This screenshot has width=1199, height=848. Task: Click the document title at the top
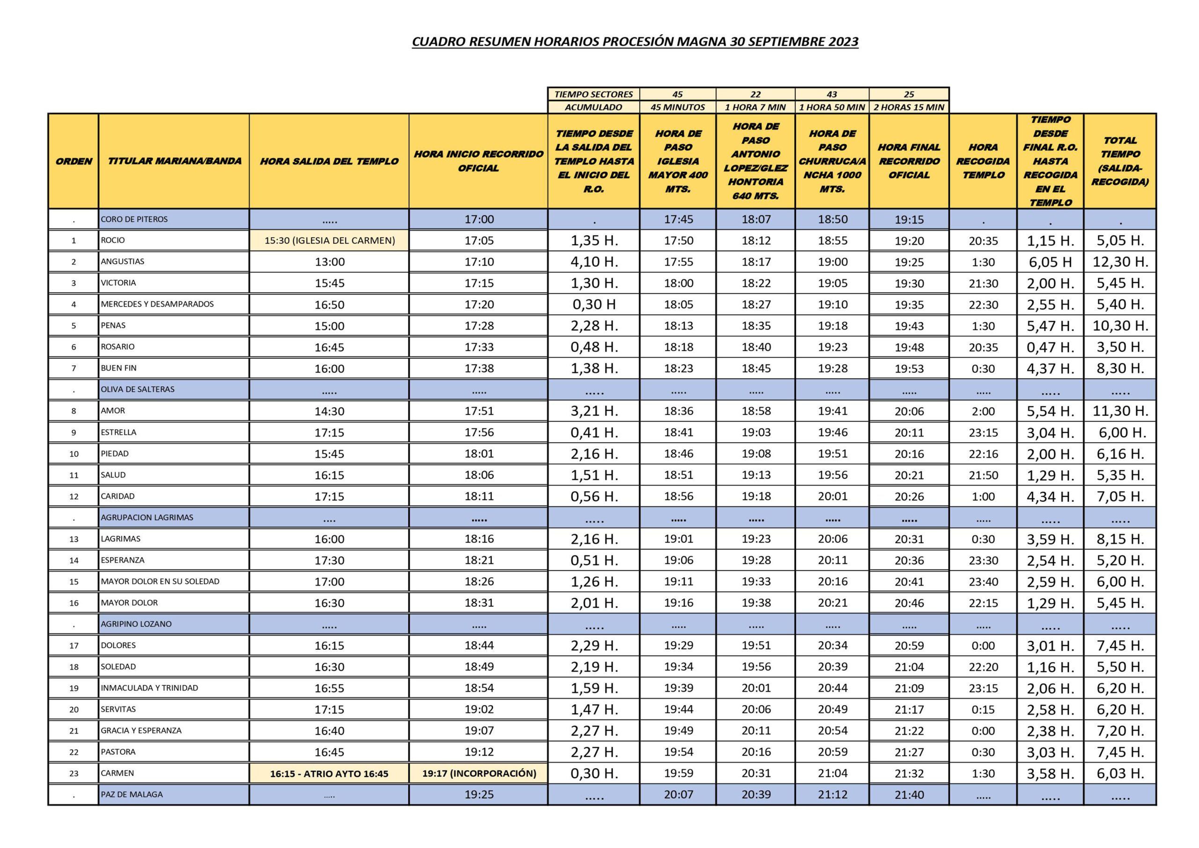click(635, 42)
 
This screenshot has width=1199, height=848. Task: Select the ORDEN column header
click(74, 161)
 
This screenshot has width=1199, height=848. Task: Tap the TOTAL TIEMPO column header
click(1120, 161)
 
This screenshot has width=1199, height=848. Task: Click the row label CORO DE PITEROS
click(134, 219)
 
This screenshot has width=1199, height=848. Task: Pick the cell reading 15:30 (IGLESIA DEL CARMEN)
click(330, 241)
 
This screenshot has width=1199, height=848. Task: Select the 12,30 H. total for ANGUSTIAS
click(1120, 262)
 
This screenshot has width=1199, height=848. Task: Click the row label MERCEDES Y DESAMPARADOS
click(157, 304)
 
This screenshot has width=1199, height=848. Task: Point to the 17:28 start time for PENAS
click(479, 326)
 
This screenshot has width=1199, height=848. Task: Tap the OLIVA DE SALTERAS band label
click(138, 389)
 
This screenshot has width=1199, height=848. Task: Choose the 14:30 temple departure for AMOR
click(330, 411)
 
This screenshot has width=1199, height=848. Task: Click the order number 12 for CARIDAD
click(74, 496)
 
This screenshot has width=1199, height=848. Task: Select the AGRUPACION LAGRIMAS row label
click(147, 517)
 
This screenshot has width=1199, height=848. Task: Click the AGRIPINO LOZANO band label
click(136, 624)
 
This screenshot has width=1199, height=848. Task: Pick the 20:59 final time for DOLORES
click(909, 646)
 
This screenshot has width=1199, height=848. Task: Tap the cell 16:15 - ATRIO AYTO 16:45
click(330, 774)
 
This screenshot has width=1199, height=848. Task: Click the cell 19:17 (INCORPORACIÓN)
click(479, 774)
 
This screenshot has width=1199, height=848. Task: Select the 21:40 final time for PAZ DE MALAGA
click(909, 795)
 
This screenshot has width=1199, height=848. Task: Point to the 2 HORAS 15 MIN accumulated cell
click(909, 107)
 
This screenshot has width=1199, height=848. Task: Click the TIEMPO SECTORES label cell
click(594, 95)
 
